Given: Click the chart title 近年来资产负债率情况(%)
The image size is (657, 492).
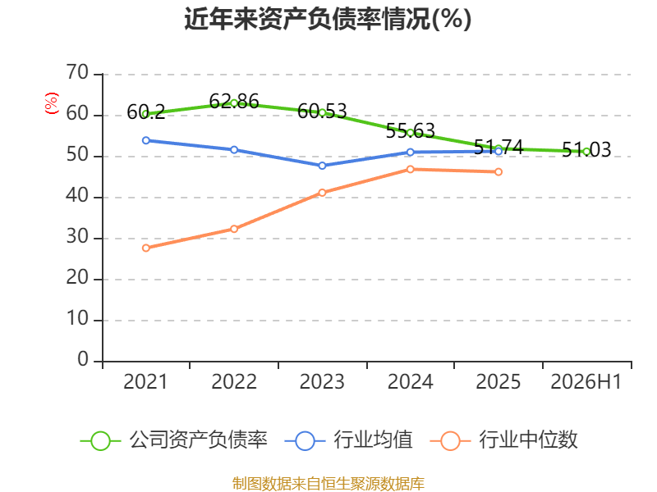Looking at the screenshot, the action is coord(328,19).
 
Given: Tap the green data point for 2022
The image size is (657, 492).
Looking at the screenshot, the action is coord(234,103).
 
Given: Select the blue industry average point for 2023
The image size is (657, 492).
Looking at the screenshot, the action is coord(322,166).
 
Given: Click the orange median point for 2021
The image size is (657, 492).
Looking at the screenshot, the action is coord(146,248).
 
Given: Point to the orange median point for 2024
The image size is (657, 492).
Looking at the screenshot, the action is coord(410,169).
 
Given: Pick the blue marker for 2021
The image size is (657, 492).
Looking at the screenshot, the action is coord(146,140).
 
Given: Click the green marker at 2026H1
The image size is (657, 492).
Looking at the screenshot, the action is coord(586,152).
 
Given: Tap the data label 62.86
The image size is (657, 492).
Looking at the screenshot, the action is coord(234,101).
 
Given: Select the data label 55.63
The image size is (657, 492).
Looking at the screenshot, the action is coord(410,131).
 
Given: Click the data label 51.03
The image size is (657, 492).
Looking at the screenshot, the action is coord(586,150).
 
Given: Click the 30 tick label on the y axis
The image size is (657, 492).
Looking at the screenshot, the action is coord(77,237).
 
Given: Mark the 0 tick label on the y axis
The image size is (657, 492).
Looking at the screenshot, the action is coord(83,360).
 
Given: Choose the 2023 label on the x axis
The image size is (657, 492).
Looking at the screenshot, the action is coord(322,382).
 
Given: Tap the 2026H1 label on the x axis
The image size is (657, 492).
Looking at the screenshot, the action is coord(586,382).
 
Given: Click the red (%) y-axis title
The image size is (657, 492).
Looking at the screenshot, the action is coord(52,103).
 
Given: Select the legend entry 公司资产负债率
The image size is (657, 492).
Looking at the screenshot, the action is coord(174,440).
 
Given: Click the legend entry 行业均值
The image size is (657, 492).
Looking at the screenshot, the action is coord(348,440).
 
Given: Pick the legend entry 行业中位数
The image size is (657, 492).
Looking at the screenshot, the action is coord(504,440).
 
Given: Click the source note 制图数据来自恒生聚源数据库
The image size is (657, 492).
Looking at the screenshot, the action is coord(328,484).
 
